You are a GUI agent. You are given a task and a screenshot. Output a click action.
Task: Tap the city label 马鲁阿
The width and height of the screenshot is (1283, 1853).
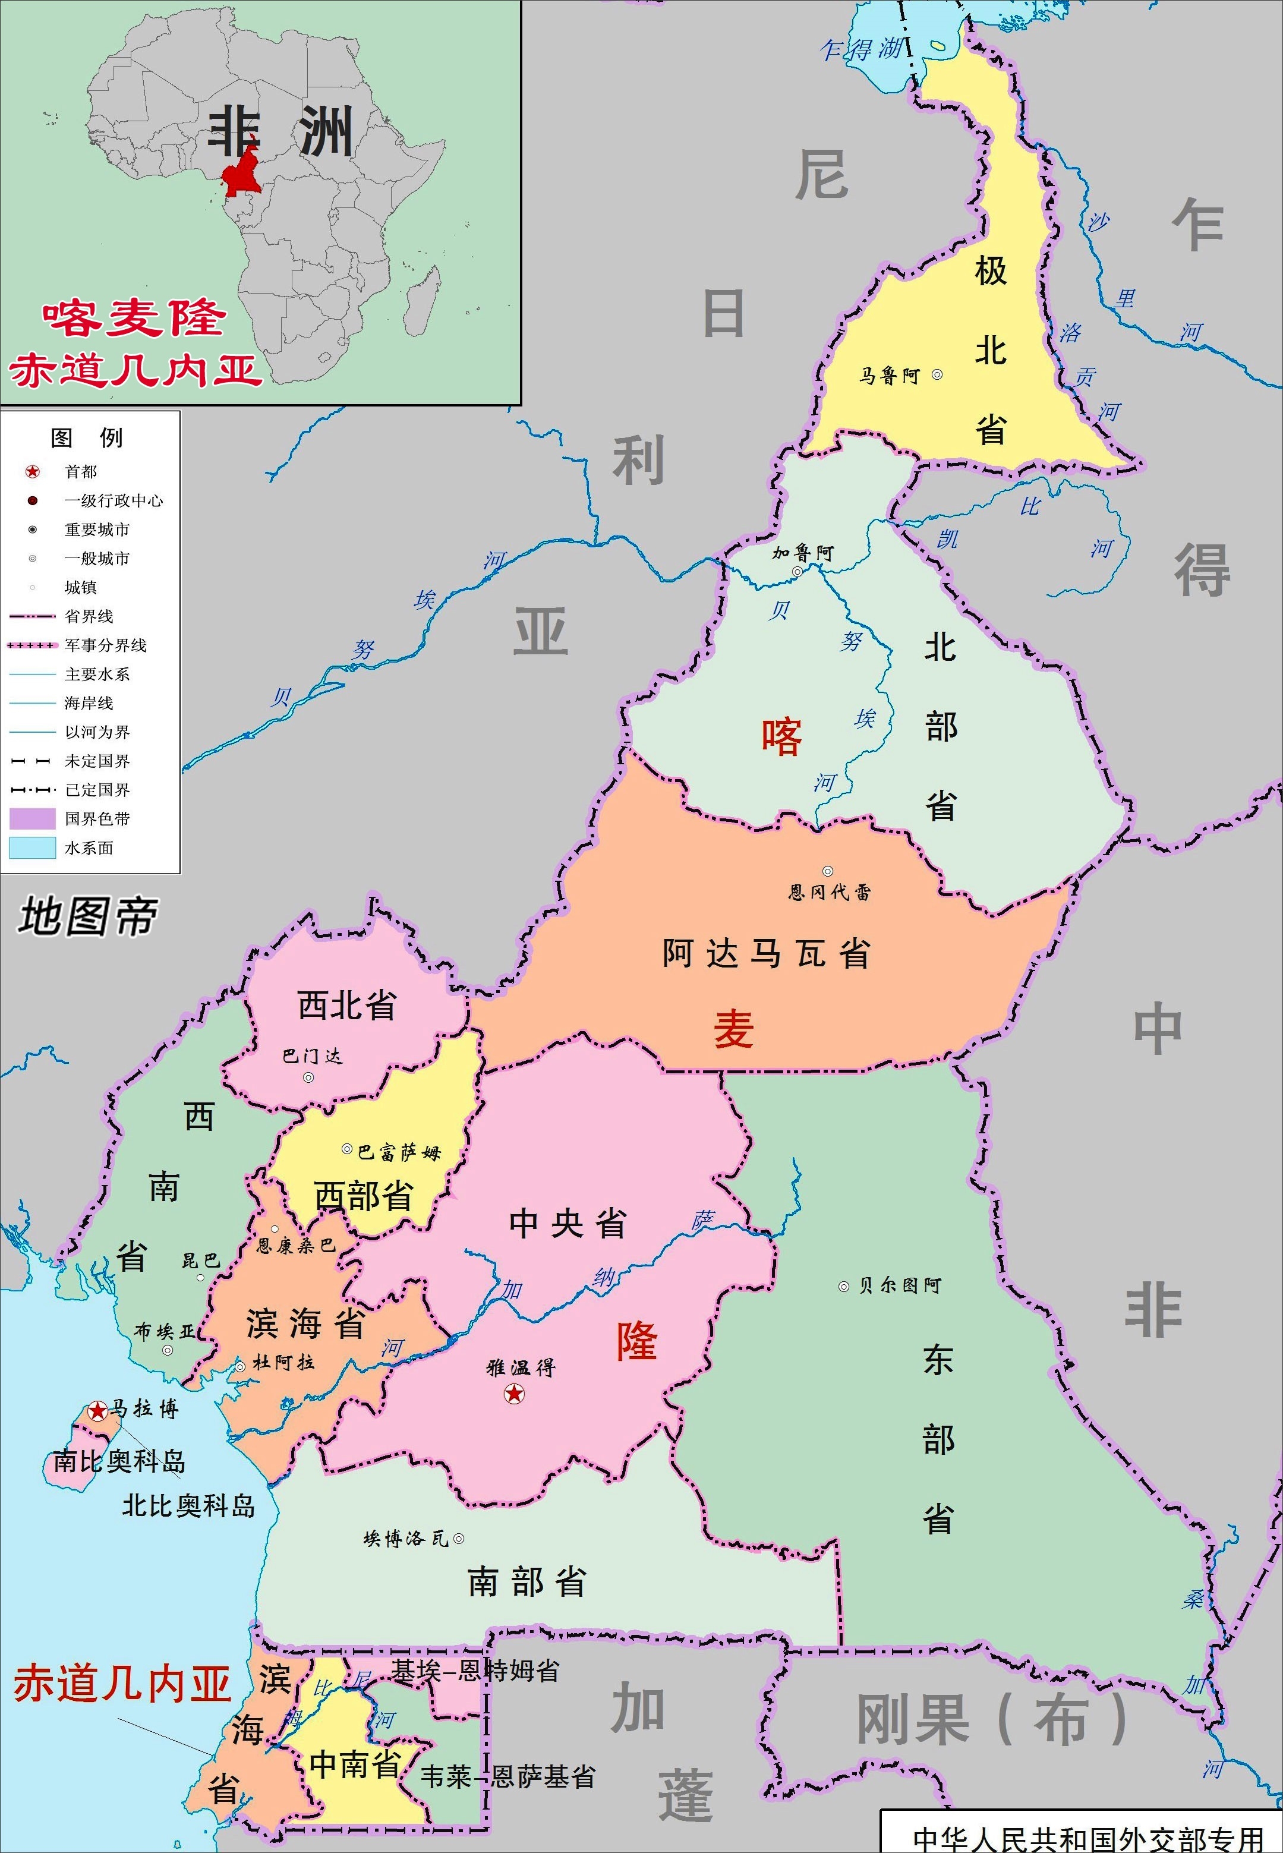(x=889, y=376)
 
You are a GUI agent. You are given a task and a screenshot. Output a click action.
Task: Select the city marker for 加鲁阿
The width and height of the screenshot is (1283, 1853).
(x=797, y=572)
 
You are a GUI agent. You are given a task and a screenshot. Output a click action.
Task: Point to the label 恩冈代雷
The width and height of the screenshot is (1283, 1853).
(x=830, y=891)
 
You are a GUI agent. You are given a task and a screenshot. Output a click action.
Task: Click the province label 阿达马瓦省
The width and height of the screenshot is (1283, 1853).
(x=766, y=953)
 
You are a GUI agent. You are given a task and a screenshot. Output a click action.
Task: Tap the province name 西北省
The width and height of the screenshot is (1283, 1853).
(x=346, y=1006)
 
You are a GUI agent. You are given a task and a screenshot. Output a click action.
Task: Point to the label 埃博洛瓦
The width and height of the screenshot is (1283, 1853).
(x=405, y=1539)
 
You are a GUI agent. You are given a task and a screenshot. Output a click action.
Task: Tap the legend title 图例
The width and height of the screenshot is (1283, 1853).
(x=87, y=438)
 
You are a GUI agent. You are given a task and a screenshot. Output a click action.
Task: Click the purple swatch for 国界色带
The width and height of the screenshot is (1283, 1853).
(x=32, y=818)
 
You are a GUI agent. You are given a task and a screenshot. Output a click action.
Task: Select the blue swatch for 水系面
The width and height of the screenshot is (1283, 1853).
(x=32, y=847)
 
